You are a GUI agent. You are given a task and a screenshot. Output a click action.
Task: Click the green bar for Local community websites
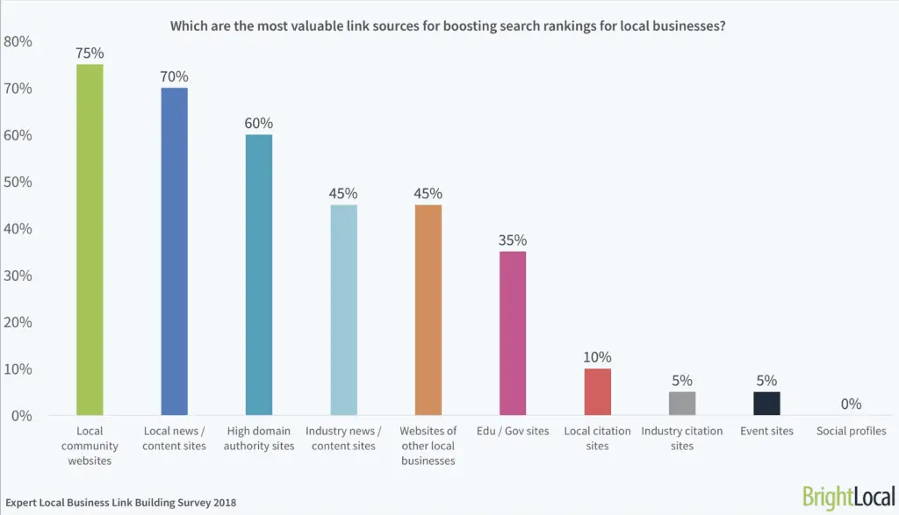[90, 240]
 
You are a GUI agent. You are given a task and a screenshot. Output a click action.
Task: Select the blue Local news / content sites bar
[174, 251]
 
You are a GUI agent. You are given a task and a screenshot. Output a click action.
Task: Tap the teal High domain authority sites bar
[258, 275]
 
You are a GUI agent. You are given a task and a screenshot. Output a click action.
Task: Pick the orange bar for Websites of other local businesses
[428, 310]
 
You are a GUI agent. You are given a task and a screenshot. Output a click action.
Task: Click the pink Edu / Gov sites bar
[513, 333]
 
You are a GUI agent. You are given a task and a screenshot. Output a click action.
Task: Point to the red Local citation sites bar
[597, 391]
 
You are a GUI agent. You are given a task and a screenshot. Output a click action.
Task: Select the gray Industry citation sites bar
[682, 403]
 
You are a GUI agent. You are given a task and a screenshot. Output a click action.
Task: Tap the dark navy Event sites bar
[766, 403]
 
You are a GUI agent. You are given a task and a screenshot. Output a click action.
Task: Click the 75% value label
[90, 52]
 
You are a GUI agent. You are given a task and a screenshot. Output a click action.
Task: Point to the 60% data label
[258, 122]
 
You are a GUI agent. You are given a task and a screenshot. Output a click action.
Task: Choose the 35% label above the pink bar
[513, 240]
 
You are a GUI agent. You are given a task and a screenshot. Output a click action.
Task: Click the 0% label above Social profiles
[851, 404]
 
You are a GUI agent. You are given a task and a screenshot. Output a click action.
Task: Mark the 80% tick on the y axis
[18, 41]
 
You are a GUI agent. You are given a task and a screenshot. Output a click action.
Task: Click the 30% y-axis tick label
[18, 275]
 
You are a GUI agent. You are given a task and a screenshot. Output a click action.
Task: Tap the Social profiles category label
[851, 431]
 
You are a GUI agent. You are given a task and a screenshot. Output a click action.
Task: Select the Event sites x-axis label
[766, 431]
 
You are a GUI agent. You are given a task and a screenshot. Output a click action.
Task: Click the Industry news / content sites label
[343, 438]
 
